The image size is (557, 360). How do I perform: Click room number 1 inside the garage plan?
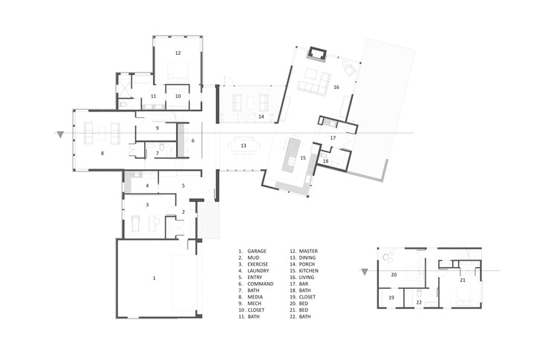(154, 278)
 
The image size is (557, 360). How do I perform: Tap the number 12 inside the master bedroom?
(178, 53)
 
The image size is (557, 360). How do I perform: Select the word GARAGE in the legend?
(258, 252)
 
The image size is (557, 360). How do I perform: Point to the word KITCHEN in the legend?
(309, 271)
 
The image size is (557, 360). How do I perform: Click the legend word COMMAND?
(261, 284)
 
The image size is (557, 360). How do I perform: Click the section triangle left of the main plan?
(60, 135)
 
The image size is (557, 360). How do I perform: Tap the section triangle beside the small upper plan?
(365, 272)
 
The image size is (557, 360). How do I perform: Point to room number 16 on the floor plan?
(336, 88)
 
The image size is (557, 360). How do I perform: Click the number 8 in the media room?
(102, 154)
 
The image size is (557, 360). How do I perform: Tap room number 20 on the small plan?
(394, 275)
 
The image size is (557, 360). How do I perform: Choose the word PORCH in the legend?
(307, 264)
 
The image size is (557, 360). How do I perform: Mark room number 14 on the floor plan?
(261, 117)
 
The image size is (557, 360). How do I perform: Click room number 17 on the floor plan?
(333, 139)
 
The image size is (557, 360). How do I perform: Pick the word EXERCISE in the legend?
(261, 264)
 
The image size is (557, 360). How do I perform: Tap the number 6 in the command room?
(192, 140)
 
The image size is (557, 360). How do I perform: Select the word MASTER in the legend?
(308, 252)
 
